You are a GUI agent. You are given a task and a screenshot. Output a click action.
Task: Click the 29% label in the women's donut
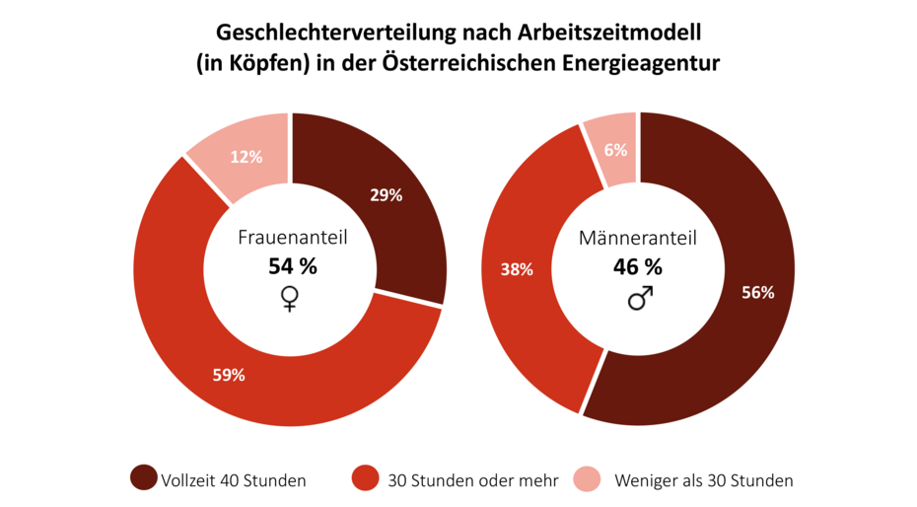(x=386, y=195)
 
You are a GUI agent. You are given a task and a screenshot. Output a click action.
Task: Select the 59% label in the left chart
(x=229, y=374)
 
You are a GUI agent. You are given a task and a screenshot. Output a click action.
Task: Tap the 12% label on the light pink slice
(x=246, y=157)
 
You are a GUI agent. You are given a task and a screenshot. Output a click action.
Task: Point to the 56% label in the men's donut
(x=758, y=292)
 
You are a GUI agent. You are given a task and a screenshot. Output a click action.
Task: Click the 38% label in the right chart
(x=517, y=269)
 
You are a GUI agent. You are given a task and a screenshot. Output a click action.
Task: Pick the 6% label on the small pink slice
(x=616, y=150)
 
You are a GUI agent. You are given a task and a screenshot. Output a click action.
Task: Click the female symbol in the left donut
(x=290, y=298)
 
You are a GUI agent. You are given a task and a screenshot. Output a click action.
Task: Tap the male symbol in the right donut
(x=640, y=298)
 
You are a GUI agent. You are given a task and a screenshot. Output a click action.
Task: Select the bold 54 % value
(x=293, y=265)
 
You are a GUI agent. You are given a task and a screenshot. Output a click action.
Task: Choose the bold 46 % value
(x=637, y=265)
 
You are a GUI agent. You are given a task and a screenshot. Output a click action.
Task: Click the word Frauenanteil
(x=293, y=238)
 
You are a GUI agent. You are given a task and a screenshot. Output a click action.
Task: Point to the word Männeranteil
(x=638, y=238)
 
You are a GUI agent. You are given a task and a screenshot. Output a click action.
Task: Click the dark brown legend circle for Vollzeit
(x=143, y=478)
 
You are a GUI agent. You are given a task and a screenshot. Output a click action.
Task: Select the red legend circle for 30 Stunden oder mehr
(x=364, y=478)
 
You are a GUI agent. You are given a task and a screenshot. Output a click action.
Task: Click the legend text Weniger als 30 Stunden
(x=703, y=481)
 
